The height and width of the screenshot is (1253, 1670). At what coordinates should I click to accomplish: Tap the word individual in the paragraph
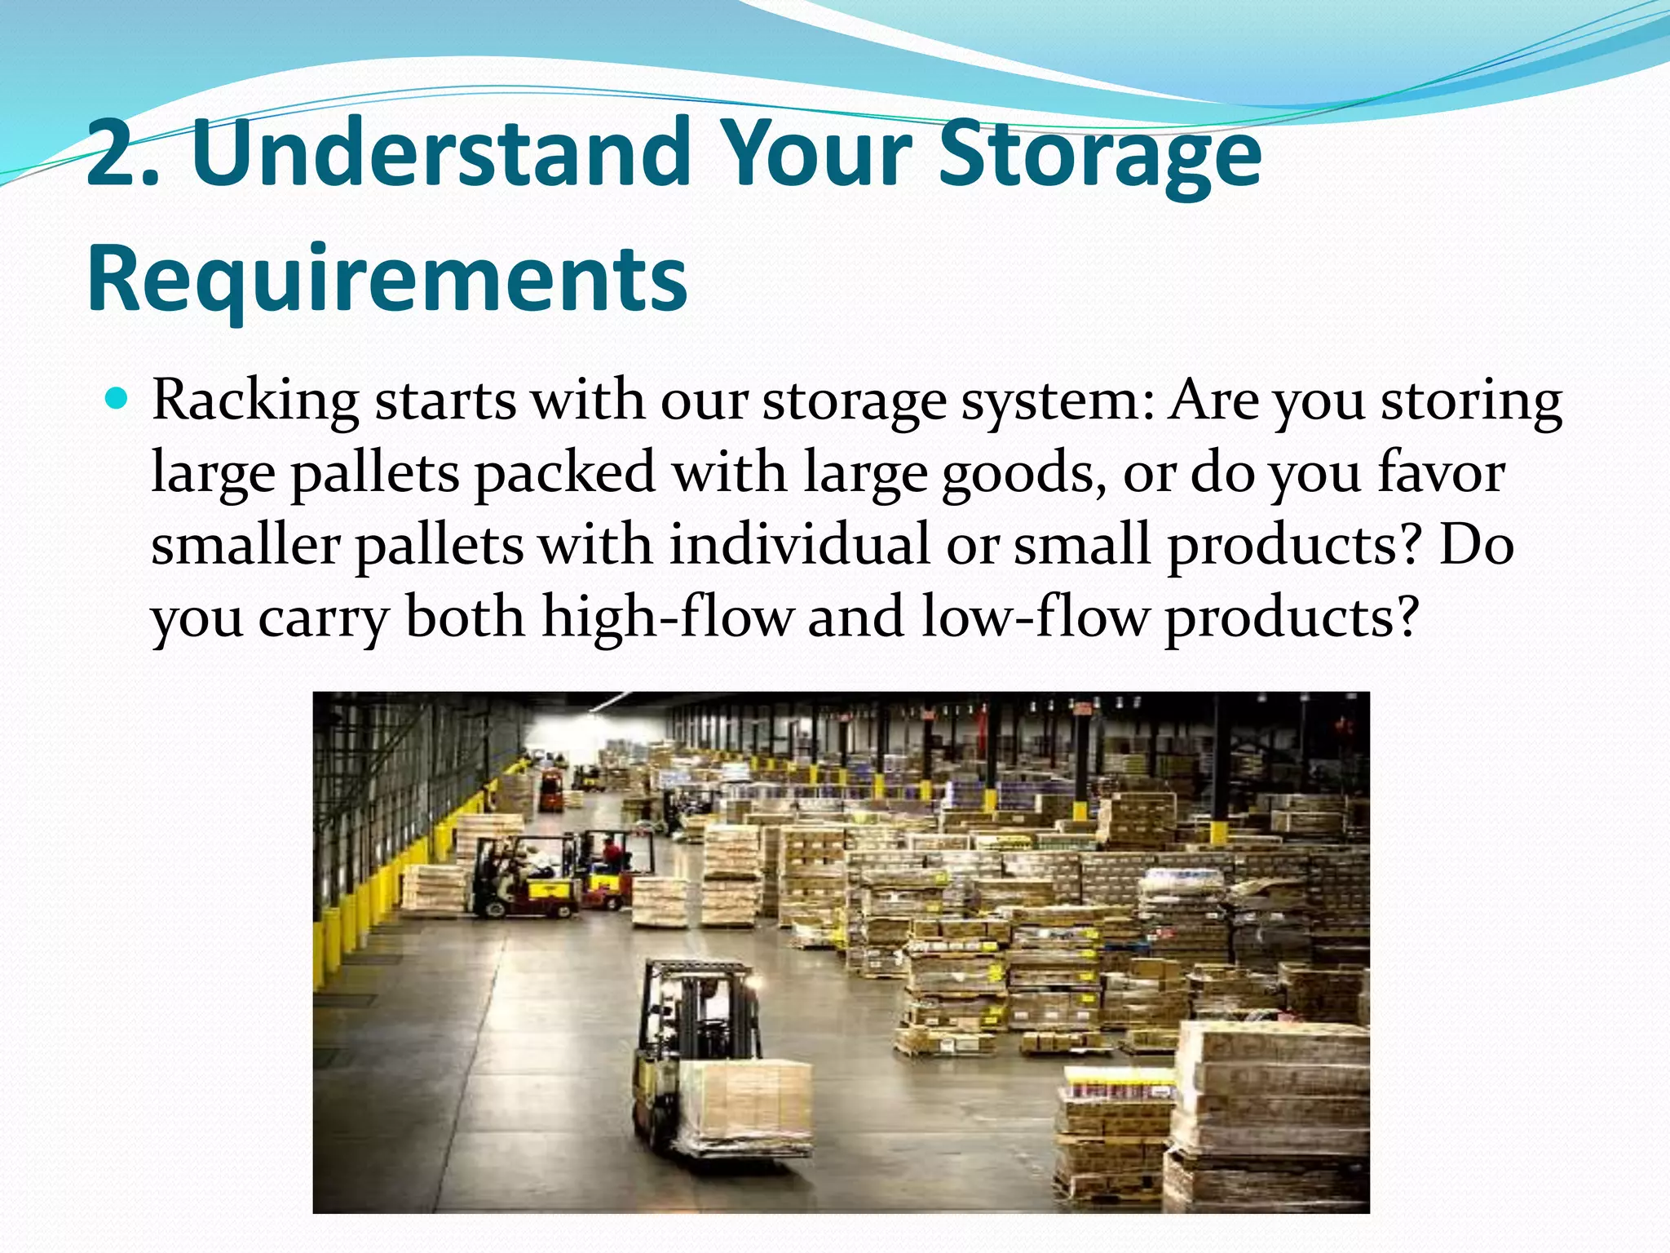click(799, 545)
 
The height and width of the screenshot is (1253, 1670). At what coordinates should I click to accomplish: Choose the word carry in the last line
click(323, 618)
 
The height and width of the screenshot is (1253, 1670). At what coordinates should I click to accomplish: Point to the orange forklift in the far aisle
click(551, 790)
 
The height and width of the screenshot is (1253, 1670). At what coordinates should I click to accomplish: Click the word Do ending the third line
click(1476, 545)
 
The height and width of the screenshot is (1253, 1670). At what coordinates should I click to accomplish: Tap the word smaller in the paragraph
click(245, 545)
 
